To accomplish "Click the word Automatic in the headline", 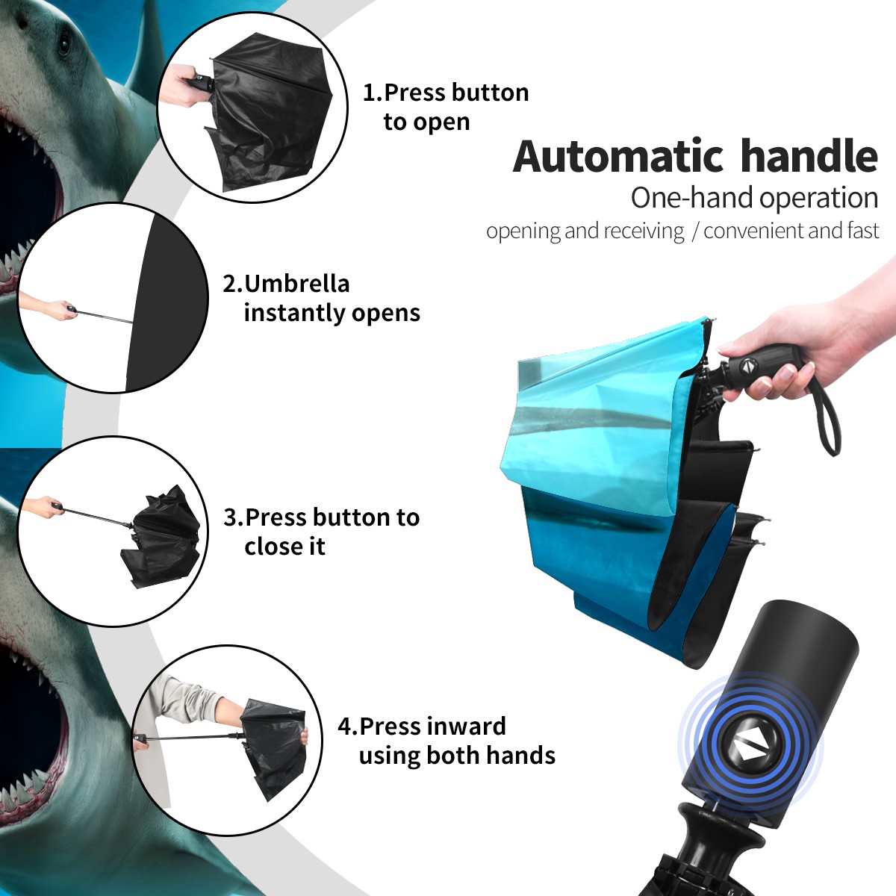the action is (x=618, y=157).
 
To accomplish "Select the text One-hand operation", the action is (x=754, y=198).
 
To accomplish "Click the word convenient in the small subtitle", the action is (x=754, y=231).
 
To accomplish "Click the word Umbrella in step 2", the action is (x=296, y=284).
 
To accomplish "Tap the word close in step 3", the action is (x=270, y=546).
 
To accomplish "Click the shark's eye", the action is (x=63, y=45).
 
